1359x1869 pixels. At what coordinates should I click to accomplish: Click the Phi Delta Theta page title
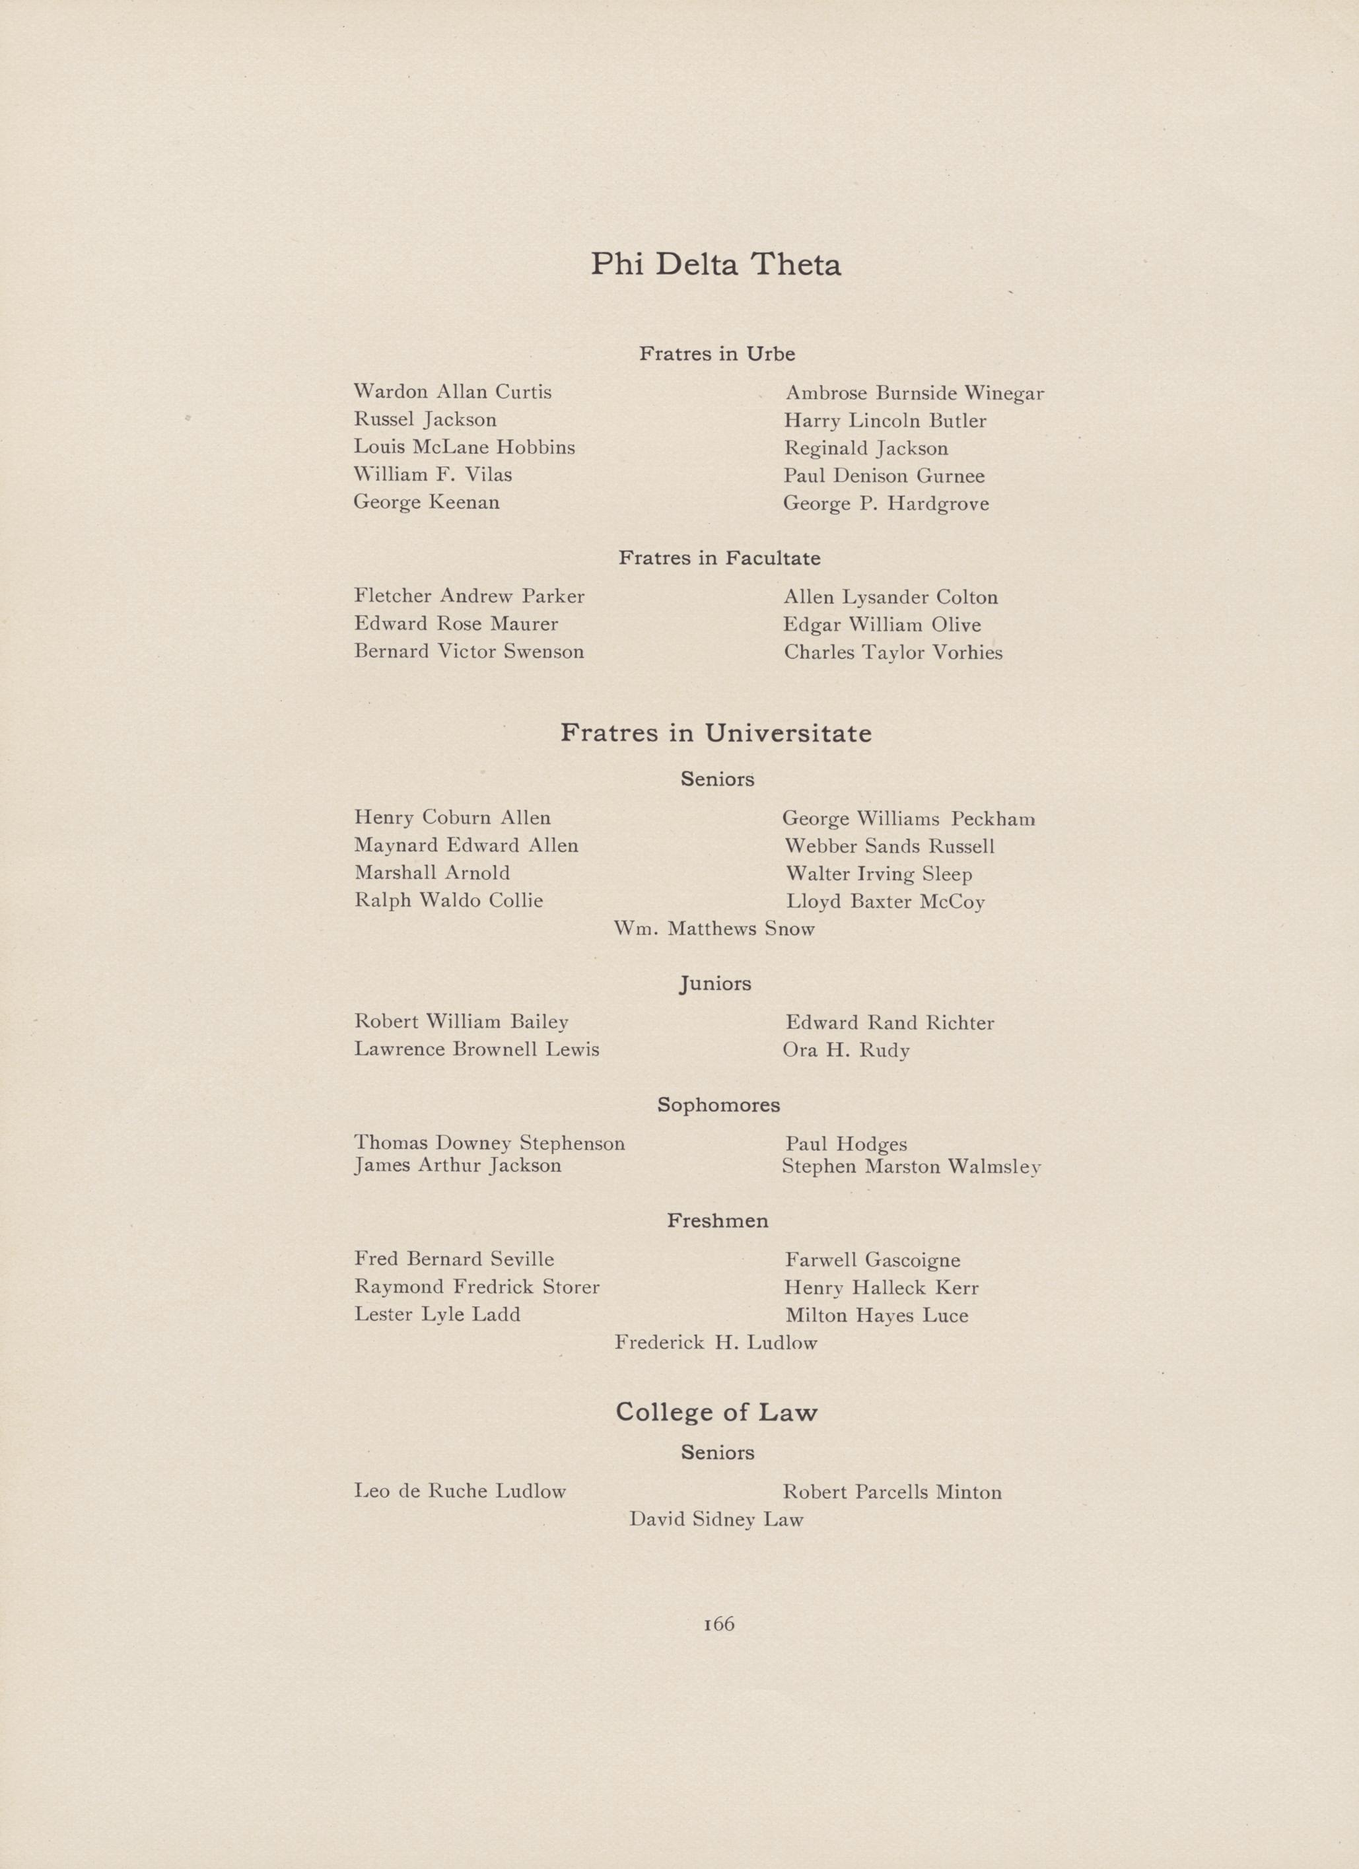click(x=715, y=265)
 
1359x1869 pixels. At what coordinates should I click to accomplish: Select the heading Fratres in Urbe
click(x=717, y=355)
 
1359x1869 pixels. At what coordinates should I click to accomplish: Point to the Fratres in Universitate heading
click(x=715, y=734)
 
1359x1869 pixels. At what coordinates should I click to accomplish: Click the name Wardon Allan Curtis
click(x=452, y=392)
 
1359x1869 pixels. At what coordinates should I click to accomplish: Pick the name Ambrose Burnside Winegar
click(x=914, y=394)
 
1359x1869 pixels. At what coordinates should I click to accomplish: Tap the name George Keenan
click(x=426, y=503)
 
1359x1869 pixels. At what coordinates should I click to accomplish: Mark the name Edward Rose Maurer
click(x=456, y=625)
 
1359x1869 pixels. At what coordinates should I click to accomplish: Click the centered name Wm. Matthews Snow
click(x=714, y=930)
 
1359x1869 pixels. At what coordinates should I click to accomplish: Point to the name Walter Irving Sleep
click(x=878, y=874)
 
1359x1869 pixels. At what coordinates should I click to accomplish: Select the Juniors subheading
click(x=715, y=984)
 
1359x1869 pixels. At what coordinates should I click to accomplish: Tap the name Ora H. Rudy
click(x=845, y=1051)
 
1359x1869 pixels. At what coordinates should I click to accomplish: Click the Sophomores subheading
click(x=718, y=1105)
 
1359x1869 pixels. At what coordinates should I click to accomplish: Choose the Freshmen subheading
click(x=717, y=1221)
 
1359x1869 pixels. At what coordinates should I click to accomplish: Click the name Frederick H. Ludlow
click(x=715, y=1343)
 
